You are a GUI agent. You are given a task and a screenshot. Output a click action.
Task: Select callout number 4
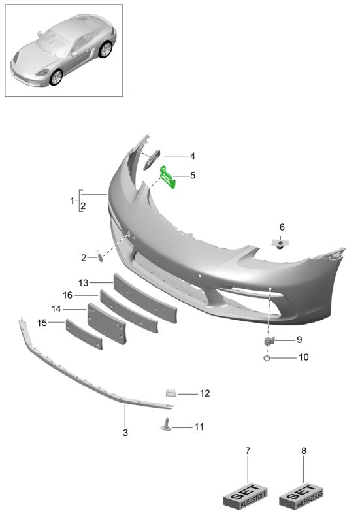pyautogui.click(x=193, y=156)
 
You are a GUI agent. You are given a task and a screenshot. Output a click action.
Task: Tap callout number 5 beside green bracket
pyautogui.click(x=193, y=175)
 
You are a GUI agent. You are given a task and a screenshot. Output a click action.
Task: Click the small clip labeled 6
pyautogui.click(x=280, y=244)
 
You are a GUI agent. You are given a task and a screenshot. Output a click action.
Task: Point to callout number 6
pyautogui.click(x=282, y=227)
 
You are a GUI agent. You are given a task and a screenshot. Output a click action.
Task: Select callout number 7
pyautogui.click(x=248, y=451)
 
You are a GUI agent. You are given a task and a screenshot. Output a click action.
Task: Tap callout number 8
pyautogui.click(x=304, y=451)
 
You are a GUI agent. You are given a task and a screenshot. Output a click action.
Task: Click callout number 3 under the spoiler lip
pyautogui.click(x=125, y=433)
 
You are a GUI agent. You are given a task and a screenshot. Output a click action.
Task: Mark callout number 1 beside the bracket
pyautogui.click(x=73, y=201)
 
